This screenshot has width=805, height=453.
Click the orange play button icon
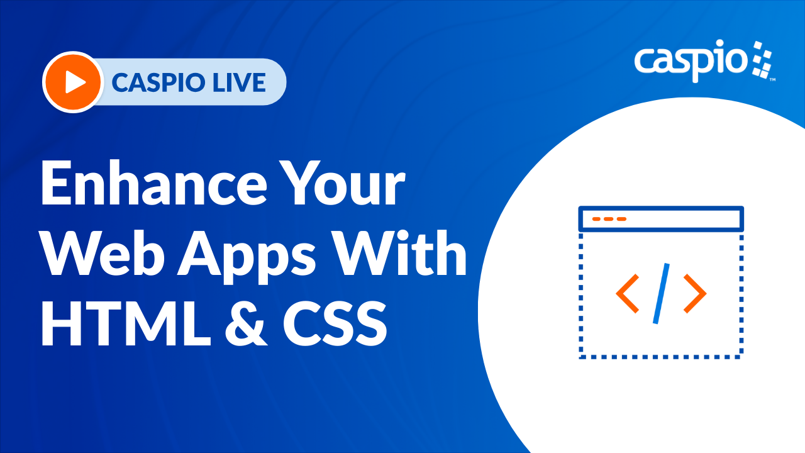pos(73,82)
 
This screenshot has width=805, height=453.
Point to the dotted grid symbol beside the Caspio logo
pos(761,60)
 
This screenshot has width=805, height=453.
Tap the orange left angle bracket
pos(628,294)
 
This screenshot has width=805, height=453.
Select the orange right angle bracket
pos(694,294)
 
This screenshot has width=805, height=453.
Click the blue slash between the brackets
pos(661,293)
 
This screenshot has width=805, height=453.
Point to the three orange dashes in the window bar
pos(609,219)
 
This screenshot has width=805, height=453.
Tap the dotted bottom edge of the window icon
pos(661,357)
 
